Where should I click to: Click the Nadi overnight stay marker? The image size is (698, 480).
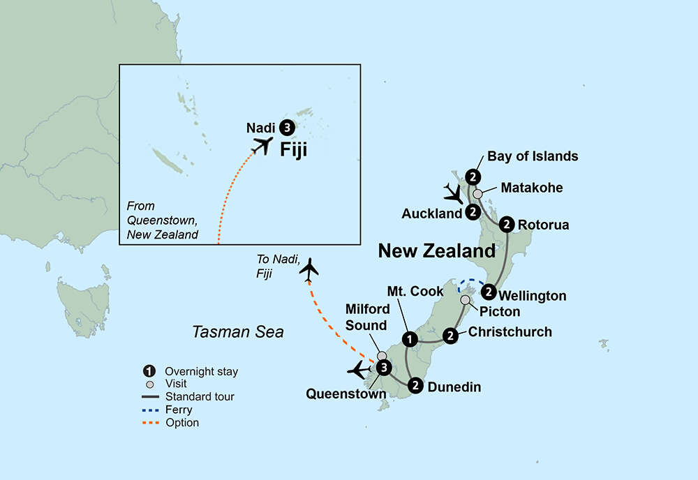[x=287, y=128]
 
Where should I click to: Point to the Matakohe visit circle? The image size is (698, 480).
[x=477, y=194]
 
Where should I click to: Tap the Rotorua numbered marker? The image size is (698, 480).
[x=507, y=225]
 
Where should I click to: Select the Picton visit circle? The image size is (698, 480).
[x=465, y=300]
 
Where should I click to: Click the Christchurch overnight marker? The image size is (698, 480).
[x=452, y=336]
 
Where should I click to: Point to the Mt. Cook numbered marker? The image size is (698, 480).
[x=410, y=340]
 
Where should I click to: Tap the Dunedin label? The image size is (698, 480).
[x=454, y=387]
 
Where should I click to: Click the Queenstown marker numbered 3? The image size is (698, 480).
[x=383, y=368]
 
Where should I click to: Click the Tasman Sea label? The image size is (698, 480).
[x=238, y=332]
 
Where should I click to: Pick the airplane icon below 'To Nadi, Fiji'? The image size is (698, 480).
[x=309, y=270]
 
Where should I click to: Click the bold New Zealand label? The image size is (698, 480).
[x=437, y=251]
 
